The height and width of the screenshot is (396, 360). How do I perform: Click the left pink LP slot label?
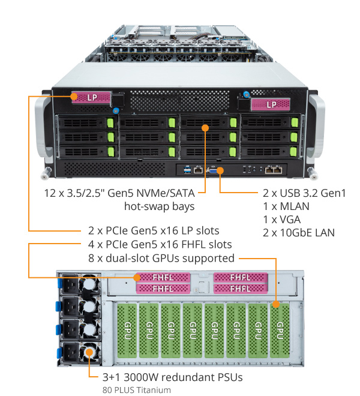coord(90,96)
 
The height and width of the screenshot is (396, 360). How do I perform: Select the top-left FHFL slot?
coord(163,278)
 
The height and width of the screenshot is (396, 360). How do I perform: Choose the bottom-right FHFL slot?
coord(239,289)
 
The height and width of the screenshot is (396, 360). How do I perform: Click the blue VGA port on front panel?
coord(214,170)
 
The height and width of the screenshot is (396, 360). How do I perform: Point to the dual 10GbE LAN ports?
coord(273,170)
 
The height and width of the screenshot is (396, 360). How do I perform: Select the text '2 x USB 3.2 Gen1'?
coord(304,193)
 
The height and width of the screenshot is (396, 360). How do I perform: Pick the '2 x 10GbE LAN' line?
coord(299,233)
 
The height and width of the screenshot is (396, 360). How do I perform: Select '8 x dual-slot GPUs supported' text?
coord(161,259)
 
